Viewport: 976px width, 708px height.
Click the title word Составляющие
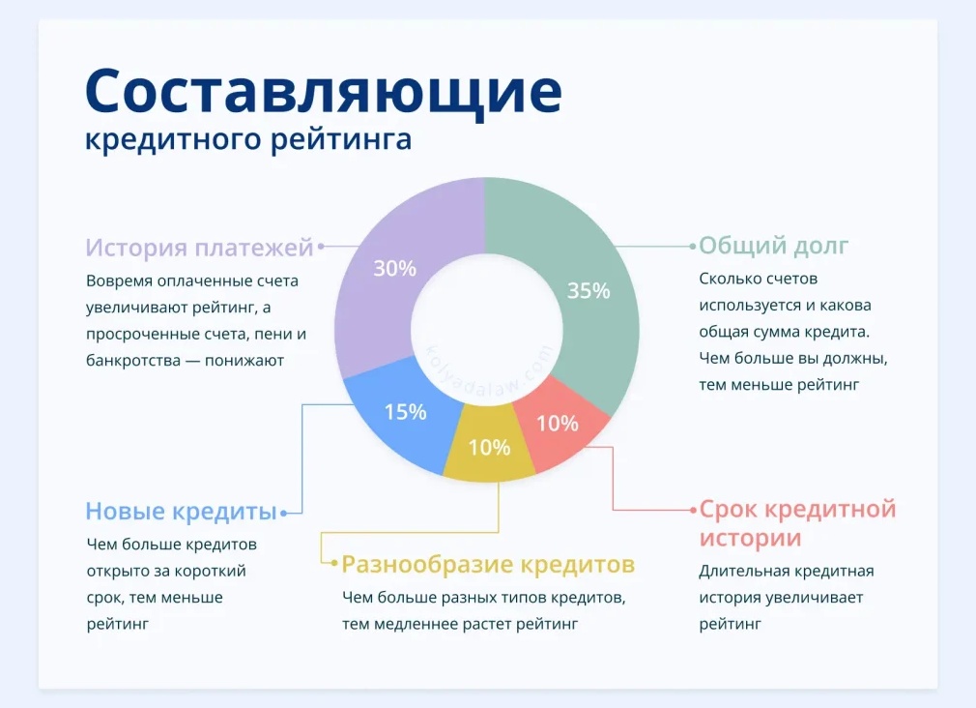(x=323, y=93)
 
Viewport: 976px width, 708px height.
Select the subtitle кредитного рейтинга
(x=248, y=138)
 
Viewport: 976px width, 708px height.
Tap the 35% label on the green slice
(x=588, y=290)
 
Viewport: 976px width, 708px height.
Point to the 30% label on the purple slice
(x=394, y=269)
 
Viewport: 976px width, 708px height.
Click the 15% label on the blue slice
(x=405, y=411)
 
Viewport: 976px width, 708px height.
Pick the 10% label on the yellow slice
(x=489, y=447)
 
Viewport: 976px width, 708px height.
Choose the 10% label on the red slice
(x=558, y=423)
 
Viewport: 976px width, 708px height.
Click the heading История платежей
(x=199, y=248)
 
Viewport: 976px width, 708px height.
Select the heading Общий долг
(x=773, y=246)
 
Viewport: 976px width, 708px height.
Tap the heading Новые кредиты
(x=181, y=511)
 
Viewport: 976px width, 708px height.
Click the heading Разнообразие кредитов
(x=488, y=563)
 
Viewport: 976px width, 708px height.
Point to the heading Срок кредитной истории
(x=797, y=522)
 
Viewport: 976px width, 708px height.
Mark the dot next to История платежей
(x=321, y=247)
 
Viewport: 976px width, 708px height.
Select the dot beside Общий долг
(x=693, y=247)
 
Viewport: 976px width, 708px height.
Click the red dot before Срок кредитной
(x=692, y=510)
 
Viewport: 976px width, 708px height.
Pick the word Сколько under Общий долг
(x=731, y=279)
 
